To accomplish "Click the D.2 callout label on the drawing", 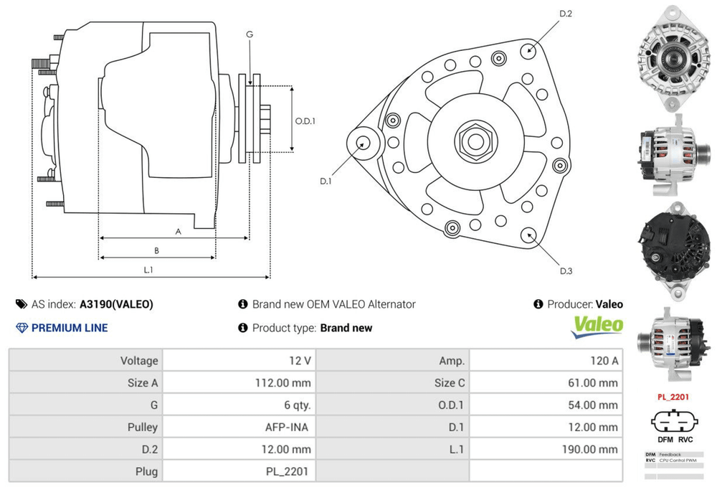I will [565, 14].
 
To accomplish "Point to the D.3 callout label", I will [566, 270].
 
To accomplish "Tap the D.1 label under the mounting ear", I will [326, 181].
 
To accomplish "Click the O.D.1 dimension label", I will [305, 121].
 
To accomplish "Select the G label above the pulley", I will [250, 34].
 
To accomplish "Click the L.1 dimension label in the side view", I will [149, 270].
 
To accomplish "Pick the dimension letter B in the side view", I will [156, 250].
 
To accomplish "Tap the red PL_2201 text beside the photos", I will [673, 396].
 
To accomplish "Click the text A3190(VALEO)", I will [116, 304].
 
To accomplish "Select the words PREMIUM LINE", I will [70, 328].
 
